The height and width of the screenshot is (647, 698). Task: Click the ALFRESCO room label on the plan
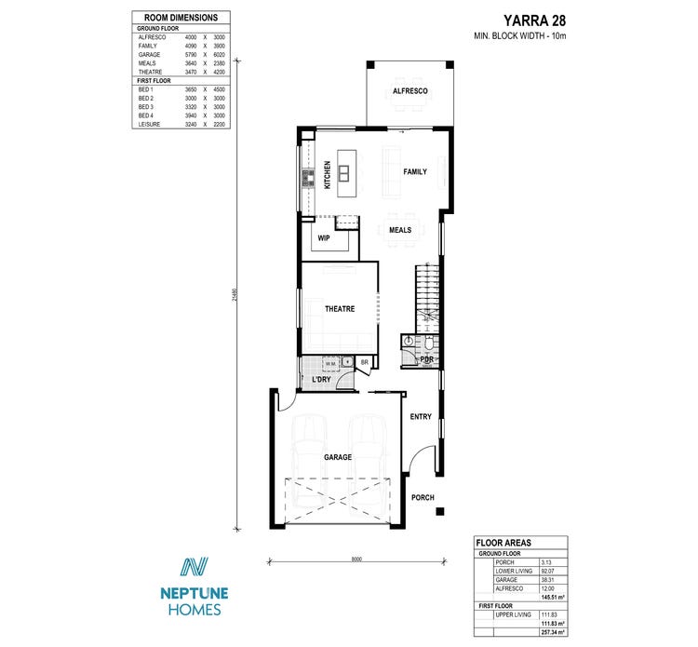pos(409,91)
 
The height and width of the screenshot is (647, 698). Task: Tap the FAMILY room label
pos(414,172)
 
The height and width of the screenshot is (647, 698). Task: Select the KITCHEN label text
pos(327,175)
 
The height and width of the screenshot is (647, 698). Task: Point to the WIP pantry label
pos(324,237)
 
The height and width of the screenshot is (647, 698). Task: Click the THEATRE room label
pos(339,309)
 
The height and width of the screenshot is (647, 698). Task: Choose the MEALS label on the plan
pos(400,229)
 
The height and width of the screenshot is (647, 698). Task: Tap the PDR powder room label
pos(426,359)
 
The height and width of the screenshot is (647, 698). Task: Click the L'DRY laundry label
pos(321,380)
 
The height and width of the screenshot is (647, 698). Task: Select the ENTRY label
pos(421,416)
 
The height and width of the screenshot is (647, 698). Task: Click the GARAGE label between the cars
pos(338,457)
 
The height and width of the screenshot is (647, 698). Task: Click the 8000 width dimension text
pos(356,559)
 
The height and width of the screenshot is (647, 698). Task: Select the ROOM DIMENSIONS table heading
pos(181,18)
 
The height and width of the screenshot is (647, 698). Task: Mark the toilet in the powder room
pos(409,344)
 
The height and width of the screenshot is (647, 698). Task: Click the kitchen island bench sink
pos(343,172)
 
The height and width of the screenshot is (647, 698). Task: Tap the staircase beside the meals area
pos(426,293)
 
